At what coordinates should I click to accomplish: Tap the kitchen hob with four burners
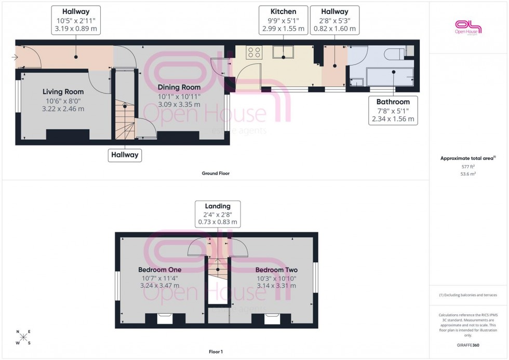[x=254, y=52]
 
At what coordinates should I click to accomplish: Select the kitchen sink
[x=283, y=51]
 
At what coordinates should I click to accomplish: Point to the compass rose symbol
[x=23, y=337]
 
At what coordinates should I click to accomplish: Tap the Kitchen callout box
[x=283, y=20]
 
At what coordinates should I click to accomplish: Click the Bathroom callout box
[x=393, y=111]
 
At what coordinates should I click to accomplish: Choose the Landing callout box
[x=218, y=214]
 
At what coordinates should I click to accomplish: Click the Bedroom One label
[x=159, y=270]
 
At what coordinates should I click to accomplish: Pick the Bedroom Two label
[x=276, y=270]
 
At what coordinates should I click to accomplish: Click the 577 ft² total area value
[x=468, y=167]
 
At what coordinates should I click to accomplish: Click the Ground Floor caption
[x=216, y=174]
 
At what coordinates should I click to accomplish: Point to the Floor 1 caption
[x=215, y=352]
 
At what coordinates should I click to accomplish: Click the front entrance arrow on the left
[x=14, y=58]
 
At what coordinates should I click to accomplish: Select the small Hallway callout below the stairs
[x=125, y=154]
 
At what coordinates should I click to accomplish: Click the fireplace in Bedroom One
[x=164, y=317]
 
